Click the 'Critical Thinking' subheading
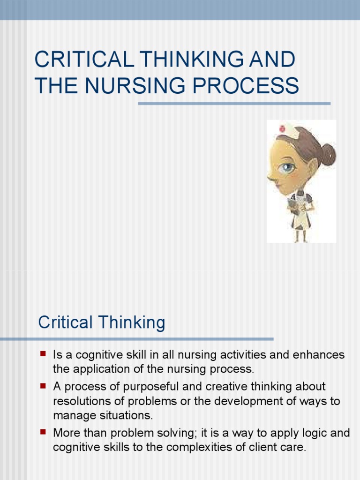coord(101,323)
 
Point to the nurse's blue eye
coord(287,166)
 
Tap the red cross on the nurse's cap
coord(282,128)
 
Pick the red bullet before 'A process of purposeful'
coord(43,386)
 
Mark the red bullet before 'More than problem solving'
coord(43,432)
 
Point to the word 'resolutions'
coord(77,401)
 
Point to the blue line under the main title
coord(234,104)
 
